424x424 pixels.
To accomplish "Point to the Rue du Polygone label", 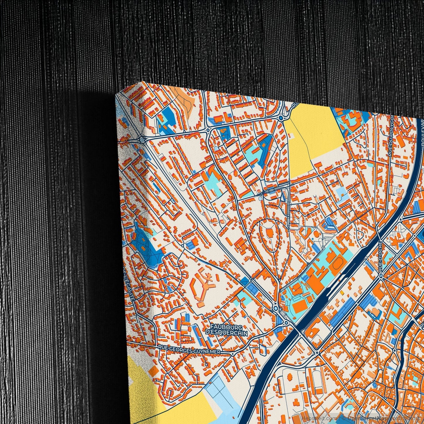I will tap(390, 135).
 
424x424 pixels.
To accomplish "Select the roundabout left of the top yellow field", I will tap(281, 118).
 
